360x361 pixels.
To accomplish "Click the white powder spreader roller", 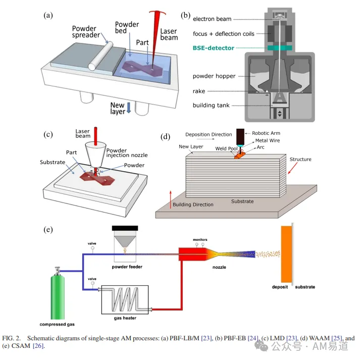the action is (x=100, y=56).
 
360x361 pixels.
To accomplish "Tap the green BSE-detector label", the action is (x=214, y=48).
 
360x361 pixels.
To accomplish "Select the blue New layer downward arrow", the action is (x=129, y=108).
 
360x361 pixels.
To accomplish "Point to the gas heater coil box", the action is (x=125, y=299).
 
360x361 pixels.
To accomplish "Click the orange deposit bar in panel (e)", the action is (x=286, y=254).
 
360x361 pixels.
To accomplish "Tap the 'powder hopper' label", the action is (x=214, y=76).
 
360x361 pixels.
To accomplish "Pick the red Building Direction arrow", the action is (x=171, y=199).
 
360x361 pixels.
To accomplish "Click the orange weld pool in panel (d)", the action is (x=239, y=156).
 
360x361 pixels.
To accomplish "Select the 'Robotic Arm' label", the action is (x=266, y=133).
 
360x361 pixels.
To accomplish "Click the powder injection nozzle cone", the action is (x=95, y=154).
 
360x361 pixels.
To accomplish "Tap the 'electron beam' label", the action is (x=212, y=19).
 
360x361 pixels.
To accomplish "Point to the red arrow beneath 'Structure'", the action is (x=292, y=169).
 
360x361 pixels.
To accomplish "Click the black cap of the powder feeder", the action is (x=125, y=228).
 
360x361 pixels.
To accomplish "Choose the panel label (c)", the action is (x=48, y=134).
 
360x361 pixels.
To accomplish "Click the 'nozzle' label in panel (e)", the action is (x=219, y=267).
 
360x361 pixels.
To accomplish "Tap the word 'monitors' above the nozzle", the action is (x=200, y=240).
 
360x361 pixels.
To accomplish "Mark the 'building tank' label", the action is (x=211, y=106).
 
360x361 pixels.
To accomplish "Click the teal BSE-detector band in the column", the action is (x=280, y=48).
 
